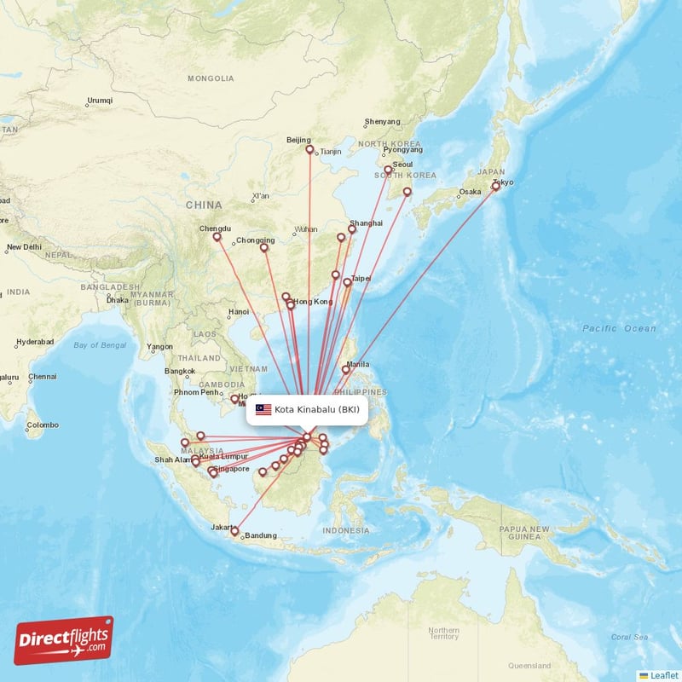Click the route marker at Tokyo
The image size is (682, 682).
[x=495, y=185]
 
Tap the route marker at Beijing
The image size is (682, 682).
[x=309, y=149]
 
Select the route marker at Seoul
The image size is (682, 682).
[x=388, y=170]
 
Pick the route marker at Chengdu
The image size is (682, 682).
[x=217, y=237]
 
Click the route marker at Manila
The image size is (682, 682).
[x=345, y=369]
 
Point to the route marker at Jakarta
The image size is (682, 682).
[x=234, y=531]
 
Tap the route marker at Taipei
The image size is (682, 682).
[x=347, y=282]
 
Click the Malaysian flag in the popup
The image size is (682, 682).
[x=263, y=409]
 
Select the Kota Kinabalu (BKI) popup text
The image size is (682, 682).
[x=317, y=409]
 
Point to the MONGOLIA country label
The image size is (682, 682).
[x=211, y=78]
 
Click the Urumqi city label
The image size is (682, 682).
[x=100, y=101]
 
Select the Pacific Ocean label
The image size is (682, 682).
[x=620, y=328]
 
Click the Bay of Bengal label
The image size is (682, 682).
[x=101, y=345]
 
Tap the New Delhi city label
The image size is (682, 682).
[x=24, y=248]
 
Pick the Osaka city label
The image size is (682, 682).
[x=470, y=192]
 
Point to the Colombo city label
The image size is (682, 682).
[x=43, y=425]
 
